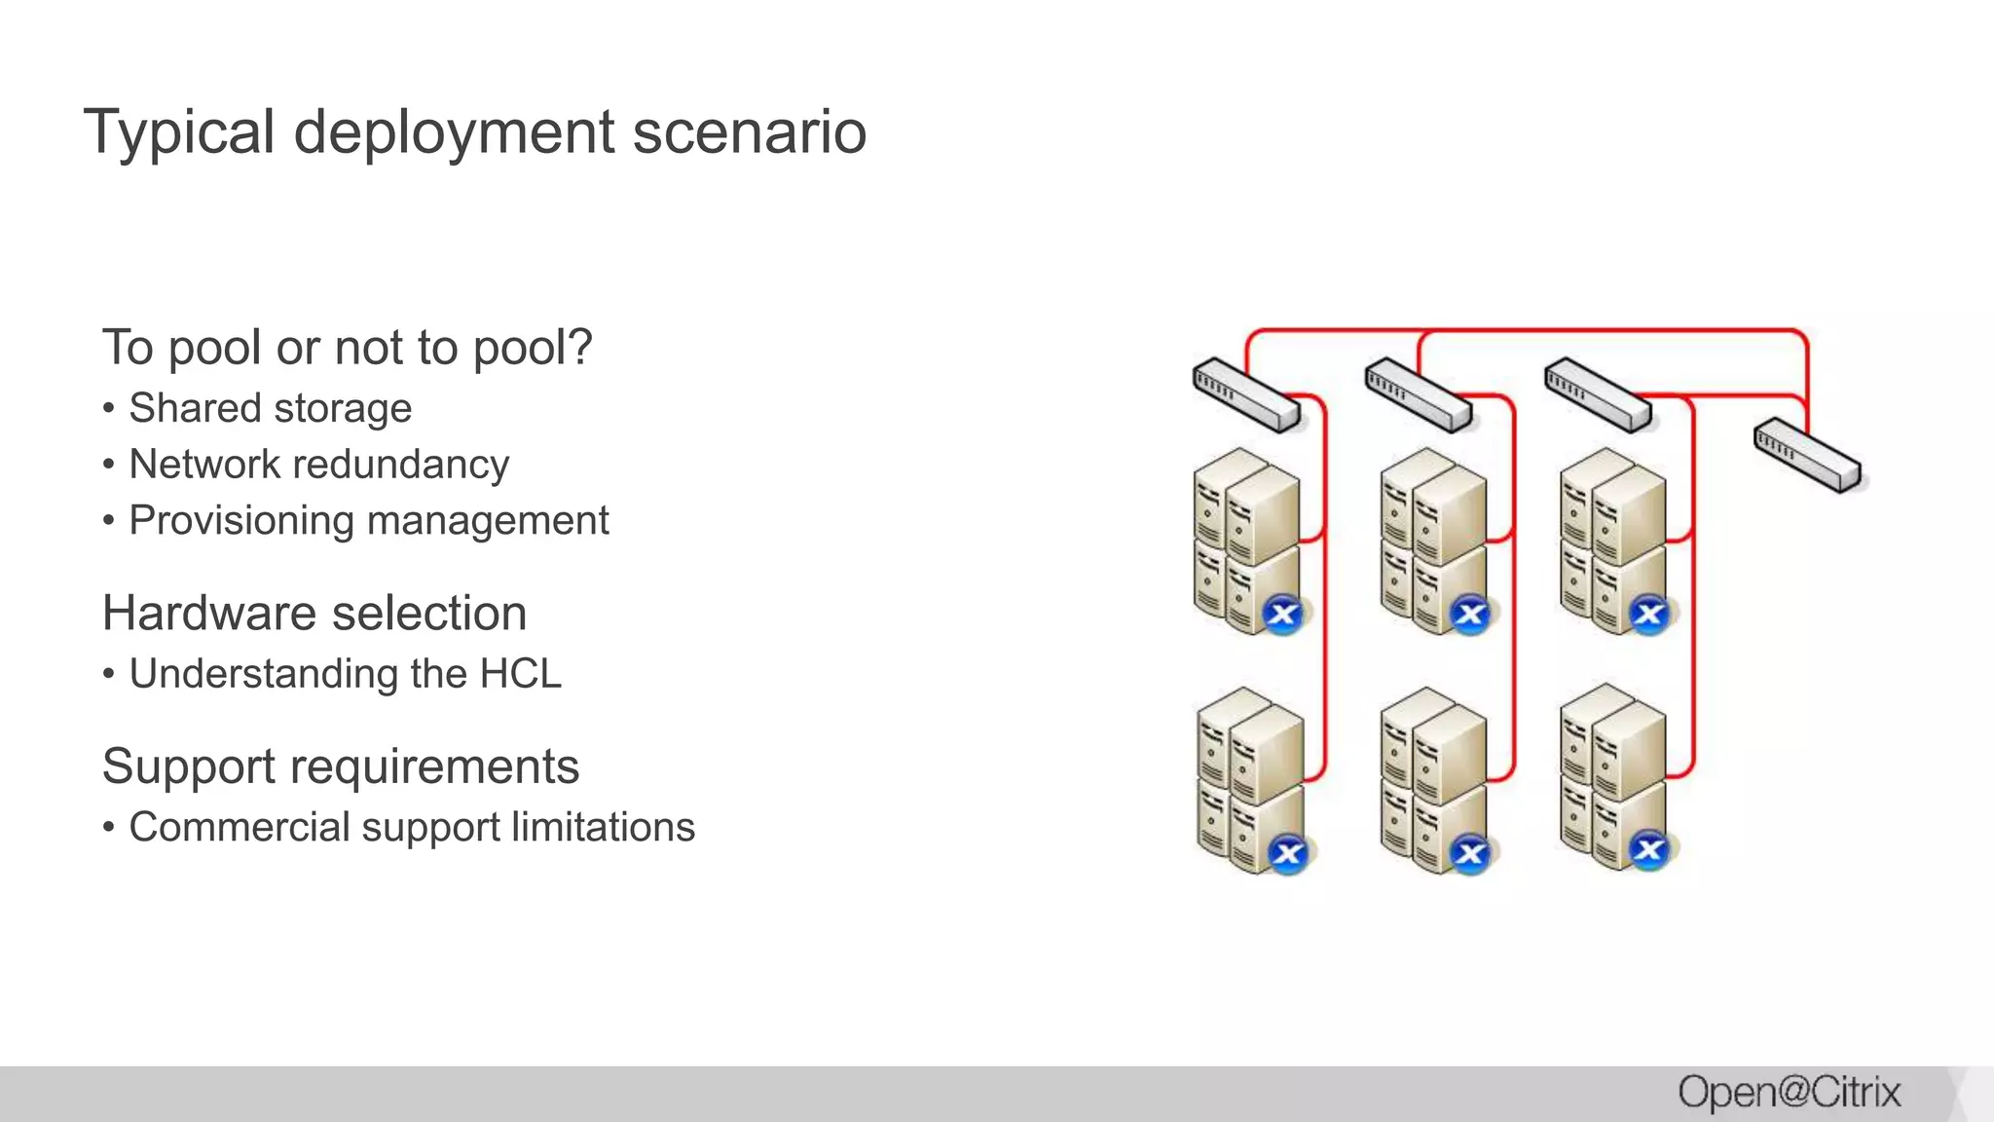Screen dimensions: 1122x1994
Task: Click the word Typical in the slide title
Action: [180, 132]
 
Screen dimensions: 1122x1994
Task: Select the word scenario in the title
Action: [749, 132]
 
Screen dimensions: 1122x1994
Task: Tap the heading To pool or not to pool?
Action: [347, 348]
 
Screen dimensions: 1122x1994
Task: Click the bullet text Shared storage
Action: [270, 408]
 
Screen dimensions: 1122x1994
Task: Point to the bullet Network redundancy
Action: [318, 465]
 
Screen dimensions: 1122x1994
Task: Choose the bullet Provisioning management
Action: [368, 521]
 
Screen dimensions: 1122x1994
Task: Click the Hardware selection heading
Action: [314, 614]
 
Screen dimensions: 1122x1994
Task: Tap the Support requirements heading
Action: [340, 767]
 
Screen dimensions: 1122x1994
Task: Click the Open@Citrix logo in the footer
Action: [1789, 1093]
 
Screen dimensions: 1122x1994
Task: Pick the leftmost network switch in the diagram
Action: [1246, 395]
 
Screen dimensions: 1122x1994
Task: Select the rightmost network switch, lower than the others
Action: [1807, 455]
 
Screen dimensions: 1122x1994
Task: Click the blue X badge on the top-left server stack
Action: [1283, 615]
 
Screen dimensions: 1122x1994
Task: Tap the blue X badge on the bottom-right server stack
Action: [1649, 850]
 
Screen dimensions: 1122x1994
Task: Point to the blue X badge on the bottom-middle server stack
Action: [1470, 854]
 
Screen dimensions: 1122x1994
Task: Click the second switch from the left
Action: [1419, 395]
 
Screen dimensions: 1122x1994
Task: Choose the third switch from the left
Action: [1598, 395]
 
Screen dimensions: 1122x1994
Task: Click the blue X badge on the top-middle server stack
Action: [1470, 615]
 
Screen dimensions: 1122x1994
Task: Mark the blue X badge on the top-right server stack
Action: [1649, 615]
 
